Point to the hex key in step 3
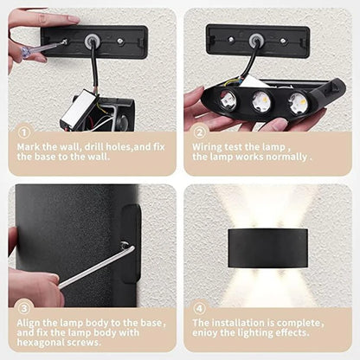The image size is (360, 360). [95, 267]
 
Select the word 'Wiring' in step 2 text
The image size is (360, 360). [209, 146]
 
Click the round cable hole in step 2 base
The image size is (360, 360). [257, 40]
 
